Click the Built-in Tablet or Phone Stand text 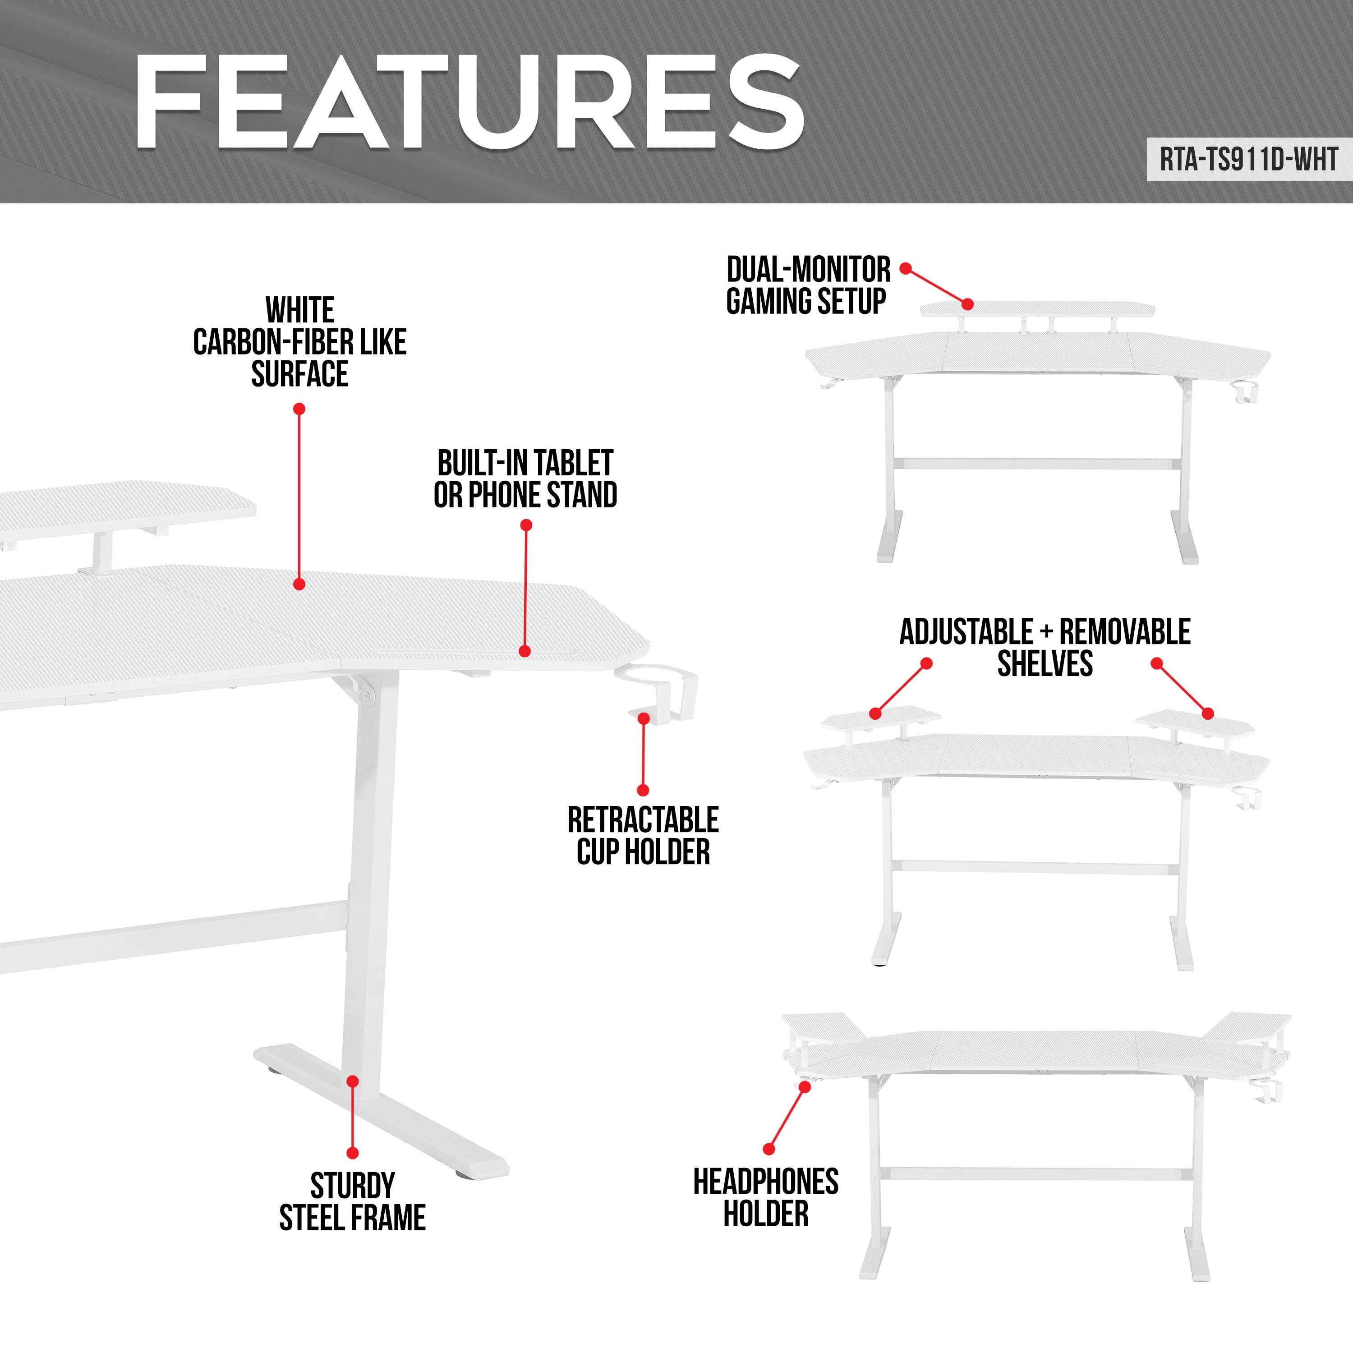[x=525, y=480]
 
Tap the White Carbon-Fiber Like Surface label [x=300, y=342]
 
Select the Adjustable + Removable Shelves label [x=1045, y=647]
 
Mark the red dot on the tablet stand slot [x=525, y=651]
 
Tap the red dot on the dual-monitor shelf [x=967, y=304]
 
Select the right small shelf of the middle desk [x=1195, y=719]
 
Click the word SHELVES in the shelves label [x=1045, y=664]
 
